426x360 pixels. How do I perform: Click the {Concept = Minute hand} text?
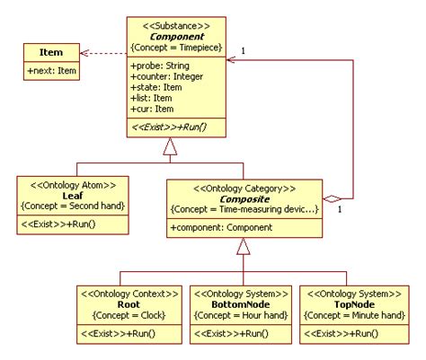click(x=349, y=315)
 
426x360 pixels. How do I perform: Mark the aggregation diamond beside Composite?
click(x=333, y=198)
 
